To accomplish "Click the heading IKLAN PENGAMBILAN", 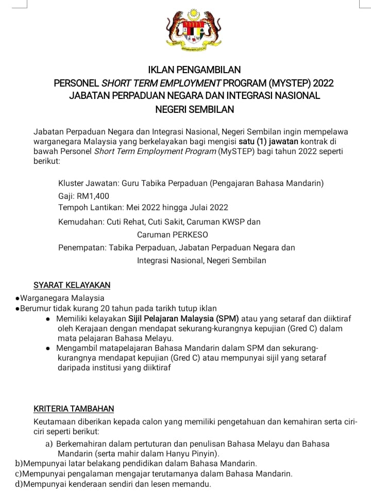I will click(194, 70).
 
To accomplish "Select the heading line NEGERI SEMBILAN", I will click(194, 109).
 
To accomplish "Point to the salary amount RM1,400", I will click(93, 196).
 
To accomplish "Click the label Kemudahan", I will click(81, 222).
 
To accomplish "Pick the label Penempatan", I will click(82, 247).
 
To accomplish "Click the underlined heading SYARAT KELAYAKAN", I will click(72, 285).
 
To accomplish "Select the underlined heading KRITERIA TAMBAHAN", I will click(74, 409).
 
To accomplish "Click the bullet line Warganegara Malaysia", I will click(62, 298).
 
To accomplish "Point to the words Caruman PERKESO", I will click(173, 234).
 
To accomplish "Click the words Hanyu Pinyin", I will click(193, 454).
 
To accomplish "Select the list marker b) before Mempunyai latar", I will click(19, 464).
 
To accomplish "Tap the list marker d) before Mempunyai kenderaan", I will click(19, 484).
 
